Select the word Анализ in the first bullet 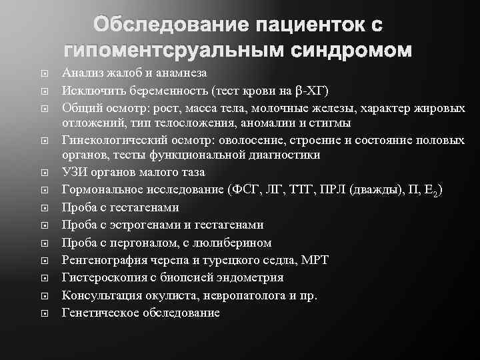(81, 73)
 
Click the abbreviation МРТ (314, 259)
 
